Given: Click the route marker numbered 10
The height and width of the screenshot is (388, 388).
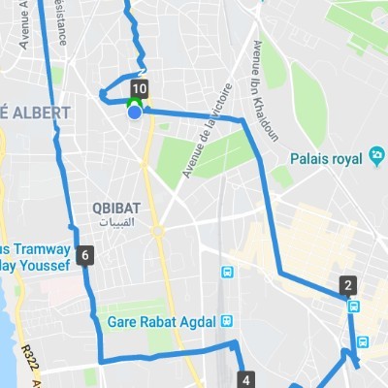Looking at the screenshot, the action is [x=138, y=89].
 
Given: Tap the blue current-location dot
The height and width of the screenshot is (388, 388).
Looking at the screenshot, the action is [x=136, y=112].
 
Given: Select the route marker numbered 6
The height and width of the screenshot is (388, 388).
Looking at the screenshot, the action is [x=87, y=256].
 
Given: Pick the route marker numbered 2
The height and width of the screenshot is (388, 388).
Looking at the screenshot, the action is [x=346, y=285].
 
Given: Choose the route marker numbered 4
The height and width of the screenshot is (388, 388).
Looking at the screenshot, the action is [x=246, y=379].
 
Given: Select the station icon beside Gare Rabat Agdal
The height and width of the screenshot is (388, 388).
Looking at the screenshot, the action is [x=225, y=321].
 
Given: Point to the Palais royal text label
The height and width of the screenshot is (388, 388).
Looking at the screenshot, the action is [x=325, y=158].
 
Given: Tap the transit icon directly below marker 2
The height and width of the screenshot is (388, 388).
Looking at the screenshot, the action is [x=354, y=307].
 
